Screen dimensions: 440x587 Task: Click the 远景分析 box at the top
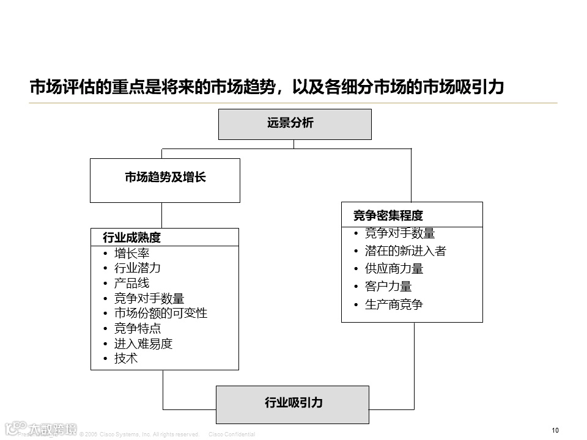295,124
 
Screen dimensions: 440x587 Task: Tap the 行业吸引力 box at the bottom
293,404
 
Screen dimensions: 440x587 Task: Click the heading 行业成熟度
131,238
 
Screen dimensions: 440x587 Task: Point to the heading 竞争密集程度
388,215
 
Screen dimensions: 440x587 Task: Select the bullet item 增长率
131,253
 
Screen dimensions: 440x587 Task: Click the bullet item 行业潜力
138,268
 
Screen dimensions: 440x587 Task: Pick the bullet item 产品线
131,283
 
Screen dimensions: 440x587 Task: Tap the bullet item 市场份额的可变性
160,313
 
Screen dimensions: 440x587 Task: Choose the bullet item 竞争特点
138,328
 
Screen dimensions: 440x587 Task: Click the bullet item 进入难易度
143,343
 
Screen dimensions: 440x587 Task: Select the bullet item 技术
126,359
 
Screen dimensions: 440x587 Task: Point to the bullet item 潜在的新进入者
405,251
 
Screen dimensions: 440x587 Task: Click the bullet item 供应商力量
394,268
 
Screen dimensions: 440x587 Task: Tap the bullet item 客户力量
388,286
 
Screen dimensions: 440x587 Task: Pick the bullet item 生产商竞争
394,304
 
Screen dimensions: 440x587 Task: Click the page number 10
555,430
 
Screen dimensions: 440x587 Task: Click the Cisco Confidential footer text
232,435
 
